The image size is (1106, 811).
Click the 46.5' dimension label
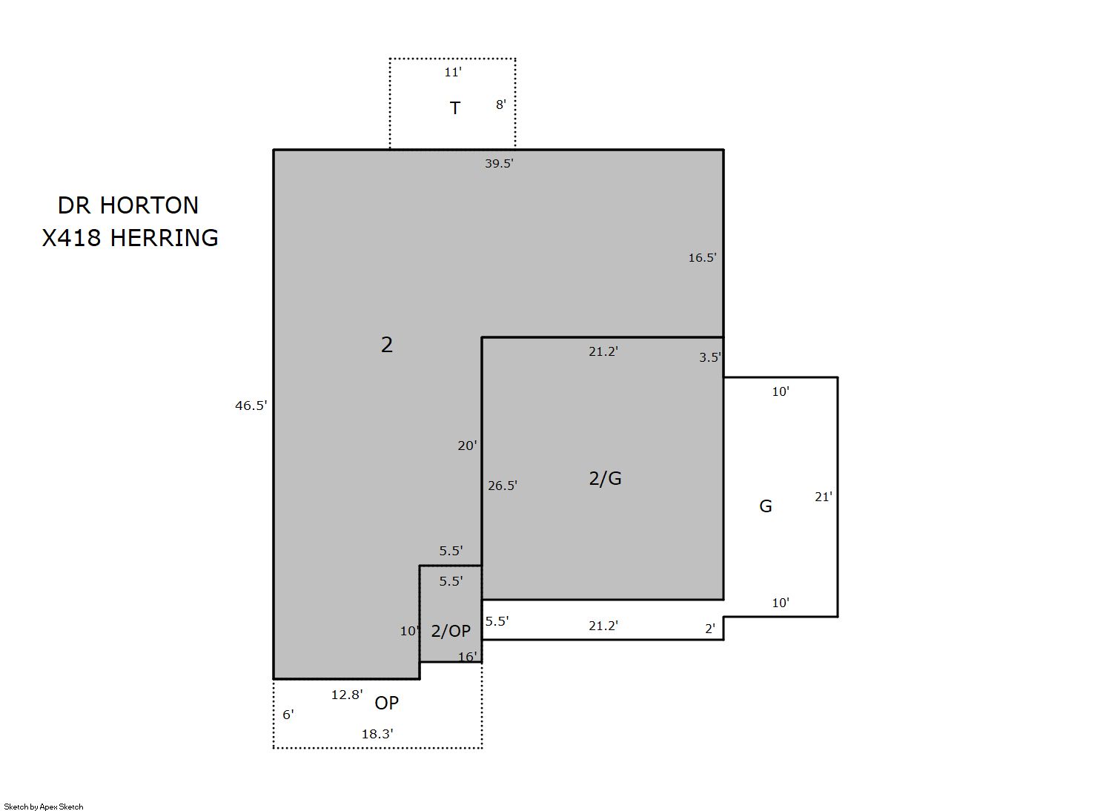pyautogui.click(x=251, y=405)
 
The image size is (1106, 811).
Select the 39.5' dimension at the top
pyautogui.click(x=499, y=164)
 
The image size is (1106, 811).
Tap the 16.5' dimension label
pyautogui.click(x=703, y=257)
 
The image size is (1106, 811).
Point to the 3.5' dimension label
pyautogui.click(x=710, y=357)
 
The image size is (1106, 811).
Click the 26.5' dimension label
pyautogui.click(x=503, y=486)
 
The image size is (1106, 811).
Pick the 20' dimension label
pyautogui.click(x=467, y=446)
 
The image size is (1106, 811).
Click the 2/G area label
pyautogui.click(x=606, y=478)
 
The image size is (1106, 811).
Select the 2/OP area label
pyautogui.click(x=451, y=631)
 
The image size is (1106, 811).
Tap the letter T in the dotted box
pyautogui.click(x=454, y=107)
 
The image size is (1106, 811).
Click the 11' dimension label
pyautogui.click(x=453, y=72)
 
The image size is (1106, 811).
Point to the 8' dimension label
pyautogui.click(x=500, y=105)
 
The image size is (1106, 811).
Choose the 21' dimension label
pyautogui.click(x=824, y=497)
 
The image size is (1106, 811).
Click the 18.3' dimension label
pyautogui.click(x=377, y=734)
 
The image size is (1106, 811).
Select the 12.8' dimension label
pyautogui.click(x=347, y=695)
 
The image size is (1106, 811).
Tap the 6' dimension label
pyautogui.click(x=288, y=715)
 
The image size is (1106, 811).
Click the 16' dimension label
pyautogui.click(x=468, y=657)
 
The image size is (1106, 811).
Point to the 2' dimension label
pyautogui.click(x=710, y=629)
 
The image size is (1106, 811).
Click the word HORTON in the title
pyautogui.click(x=149, y=205)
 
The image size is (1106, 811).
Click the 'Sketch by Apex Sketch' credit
pyautogui.click(x=44, y=807)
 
